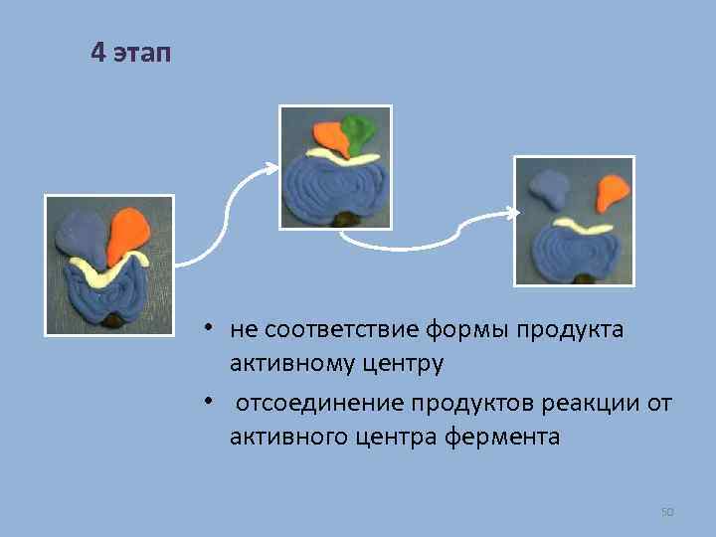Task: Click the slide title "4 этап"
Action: pyautogui.click(x=130, y=53)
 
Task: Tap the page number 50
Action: pyautogui.click(x=667, y=512)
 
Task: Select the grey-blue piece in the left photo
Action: pyautogui.click(x=80, y=236)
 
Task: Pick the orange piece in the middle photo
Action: pyautogui.click(x=330, y=136)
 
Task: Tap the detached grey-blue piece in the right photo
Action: pyautogui.click(x=548, y=186)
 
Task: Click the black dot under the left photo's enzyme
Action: pyautogui.click(x=114, y=320)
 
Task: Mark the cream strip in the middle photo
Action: pyautogui.click(x=342, y=157)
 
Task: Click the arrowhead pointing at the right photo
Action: pyautogui.click(x=512, y=212)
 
